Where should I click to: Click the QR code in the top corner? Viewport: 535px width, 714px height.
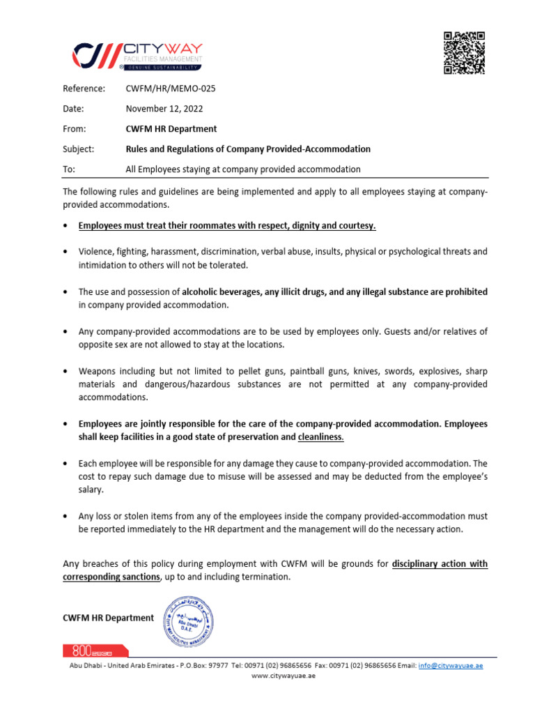click(x=464, y=53)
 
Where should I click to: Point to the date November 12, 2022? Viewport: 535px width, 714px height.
click(x=164, y=109)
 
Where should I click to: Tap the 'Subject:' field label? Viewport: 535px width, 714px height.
click(x=78, y=149)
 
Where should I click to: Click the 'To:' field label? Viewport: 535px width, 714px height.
click(x=69, y=169)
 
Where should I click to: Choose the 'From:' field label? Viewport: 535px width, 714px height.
click(x=75, y=129)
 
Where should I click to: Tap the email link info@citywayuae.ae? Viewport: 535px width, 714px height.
click(x=450, y=666)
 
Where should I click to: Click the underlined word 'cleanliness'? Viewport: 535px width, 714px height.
click(x=320, y=437)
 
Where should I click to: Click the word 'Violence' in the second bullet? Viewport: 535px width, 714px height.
click(x=96, y=252)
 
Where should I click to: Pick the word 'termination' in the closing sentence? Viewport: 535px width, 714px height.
click(x=265, y=577)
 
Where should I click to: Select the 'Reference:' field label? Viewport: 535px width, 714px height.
click(x=84, y=89)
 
